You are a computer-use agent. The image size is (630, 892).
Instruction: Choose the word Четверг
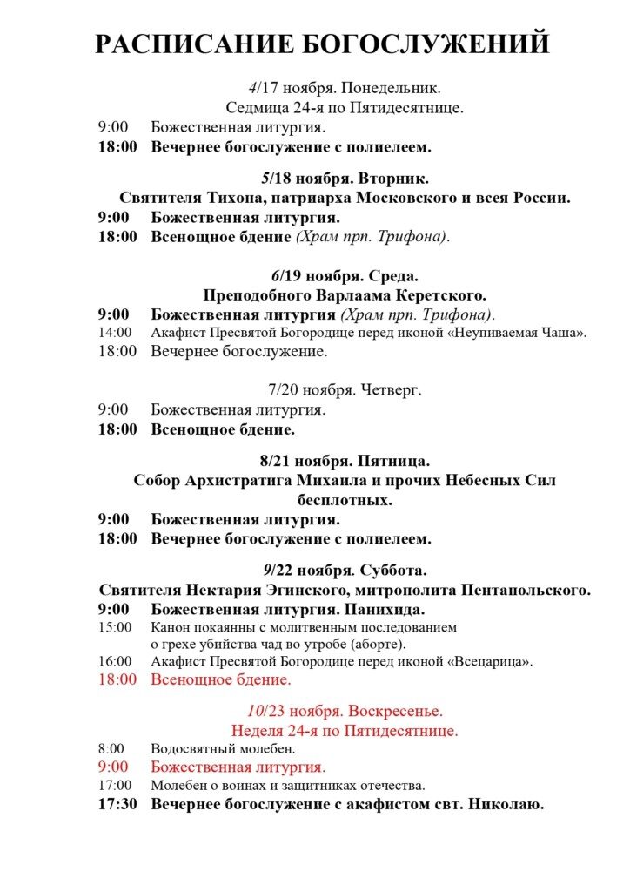[x=390, y=389]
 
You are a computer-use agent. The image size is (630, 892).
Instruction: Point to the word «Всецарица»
[x=493, y=662]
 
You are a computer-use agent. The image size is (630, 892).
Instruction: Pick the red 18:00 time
[x=117, y=679]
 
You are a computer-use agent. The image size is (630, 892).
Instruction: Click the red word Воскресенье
[x=397, y=710]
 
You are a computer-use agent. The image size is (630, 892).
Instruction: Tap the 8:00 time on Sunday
[x=111, y=749]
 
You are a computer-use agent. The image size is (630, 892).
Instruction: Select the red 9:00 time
[x=113, y=767]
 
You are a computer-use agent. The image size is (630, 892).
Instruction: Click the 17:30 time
[x=117, y=804]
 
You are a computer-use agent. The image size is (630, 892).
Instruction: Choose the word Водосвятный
[x=192, y=749]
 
